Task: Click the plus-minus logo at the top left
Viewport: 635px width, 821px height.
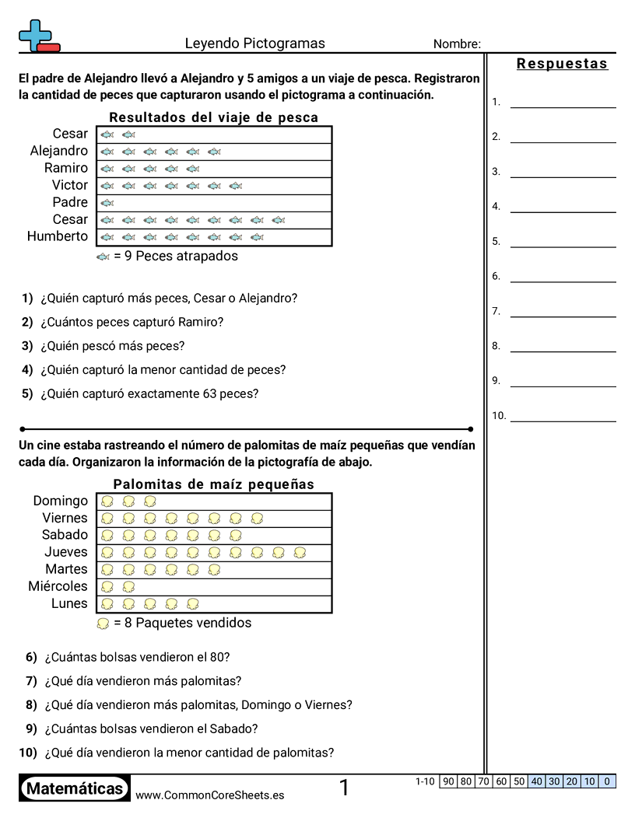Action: click(x=37, y=37)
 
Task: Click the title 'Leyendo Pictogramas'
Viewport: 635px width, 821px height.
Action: click(x=254, y=44)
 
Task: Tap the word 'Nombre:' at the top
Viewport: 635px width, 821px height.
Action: click(x=457, y=44)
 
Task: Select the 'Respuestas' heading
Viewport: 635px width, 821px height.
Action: click(x=562, y=64)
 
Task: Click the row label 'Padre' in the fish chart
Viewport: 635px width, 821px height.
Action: click(x=70, y=202)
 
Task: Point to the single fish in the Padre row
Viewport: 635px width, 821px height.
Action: click(x=107, y=203)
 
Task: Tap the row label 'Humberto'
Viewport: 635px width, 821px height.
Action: click(x=58, y=236)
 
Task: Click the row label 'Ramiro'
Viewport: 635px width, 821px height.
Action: click(x=66, y=168)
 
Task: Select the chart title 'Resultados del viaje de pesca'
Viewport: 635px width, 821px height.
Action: click(x=213, y=117)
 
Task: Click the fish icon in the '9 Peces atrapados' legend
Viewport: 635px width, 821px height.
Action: click(x=103, y=257)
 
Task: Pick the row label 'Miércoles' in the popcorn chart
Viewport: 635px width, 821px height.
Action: click(x=58, y=586)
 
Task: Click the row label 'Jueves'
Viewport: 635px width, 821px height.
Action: click(x=66, y=552)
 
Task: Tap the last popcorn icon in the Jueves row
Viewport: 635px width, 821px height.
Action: click(x=299, y=553)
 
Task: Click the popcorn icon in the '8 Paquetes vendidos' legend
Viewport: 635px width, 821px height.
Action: click(x=103, y=624)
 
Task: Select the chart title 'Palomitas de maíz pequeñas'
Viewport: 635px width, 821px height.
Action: click(x=213, y=484)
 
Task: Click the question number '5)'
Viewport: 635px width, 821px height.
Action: click(x=27, y=393)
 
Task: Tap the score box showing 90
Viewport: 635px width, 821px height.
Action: click(x=448, y=781)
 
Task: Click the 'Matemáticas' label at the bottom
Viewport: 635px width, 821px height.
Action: click(x=75, y=789)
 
